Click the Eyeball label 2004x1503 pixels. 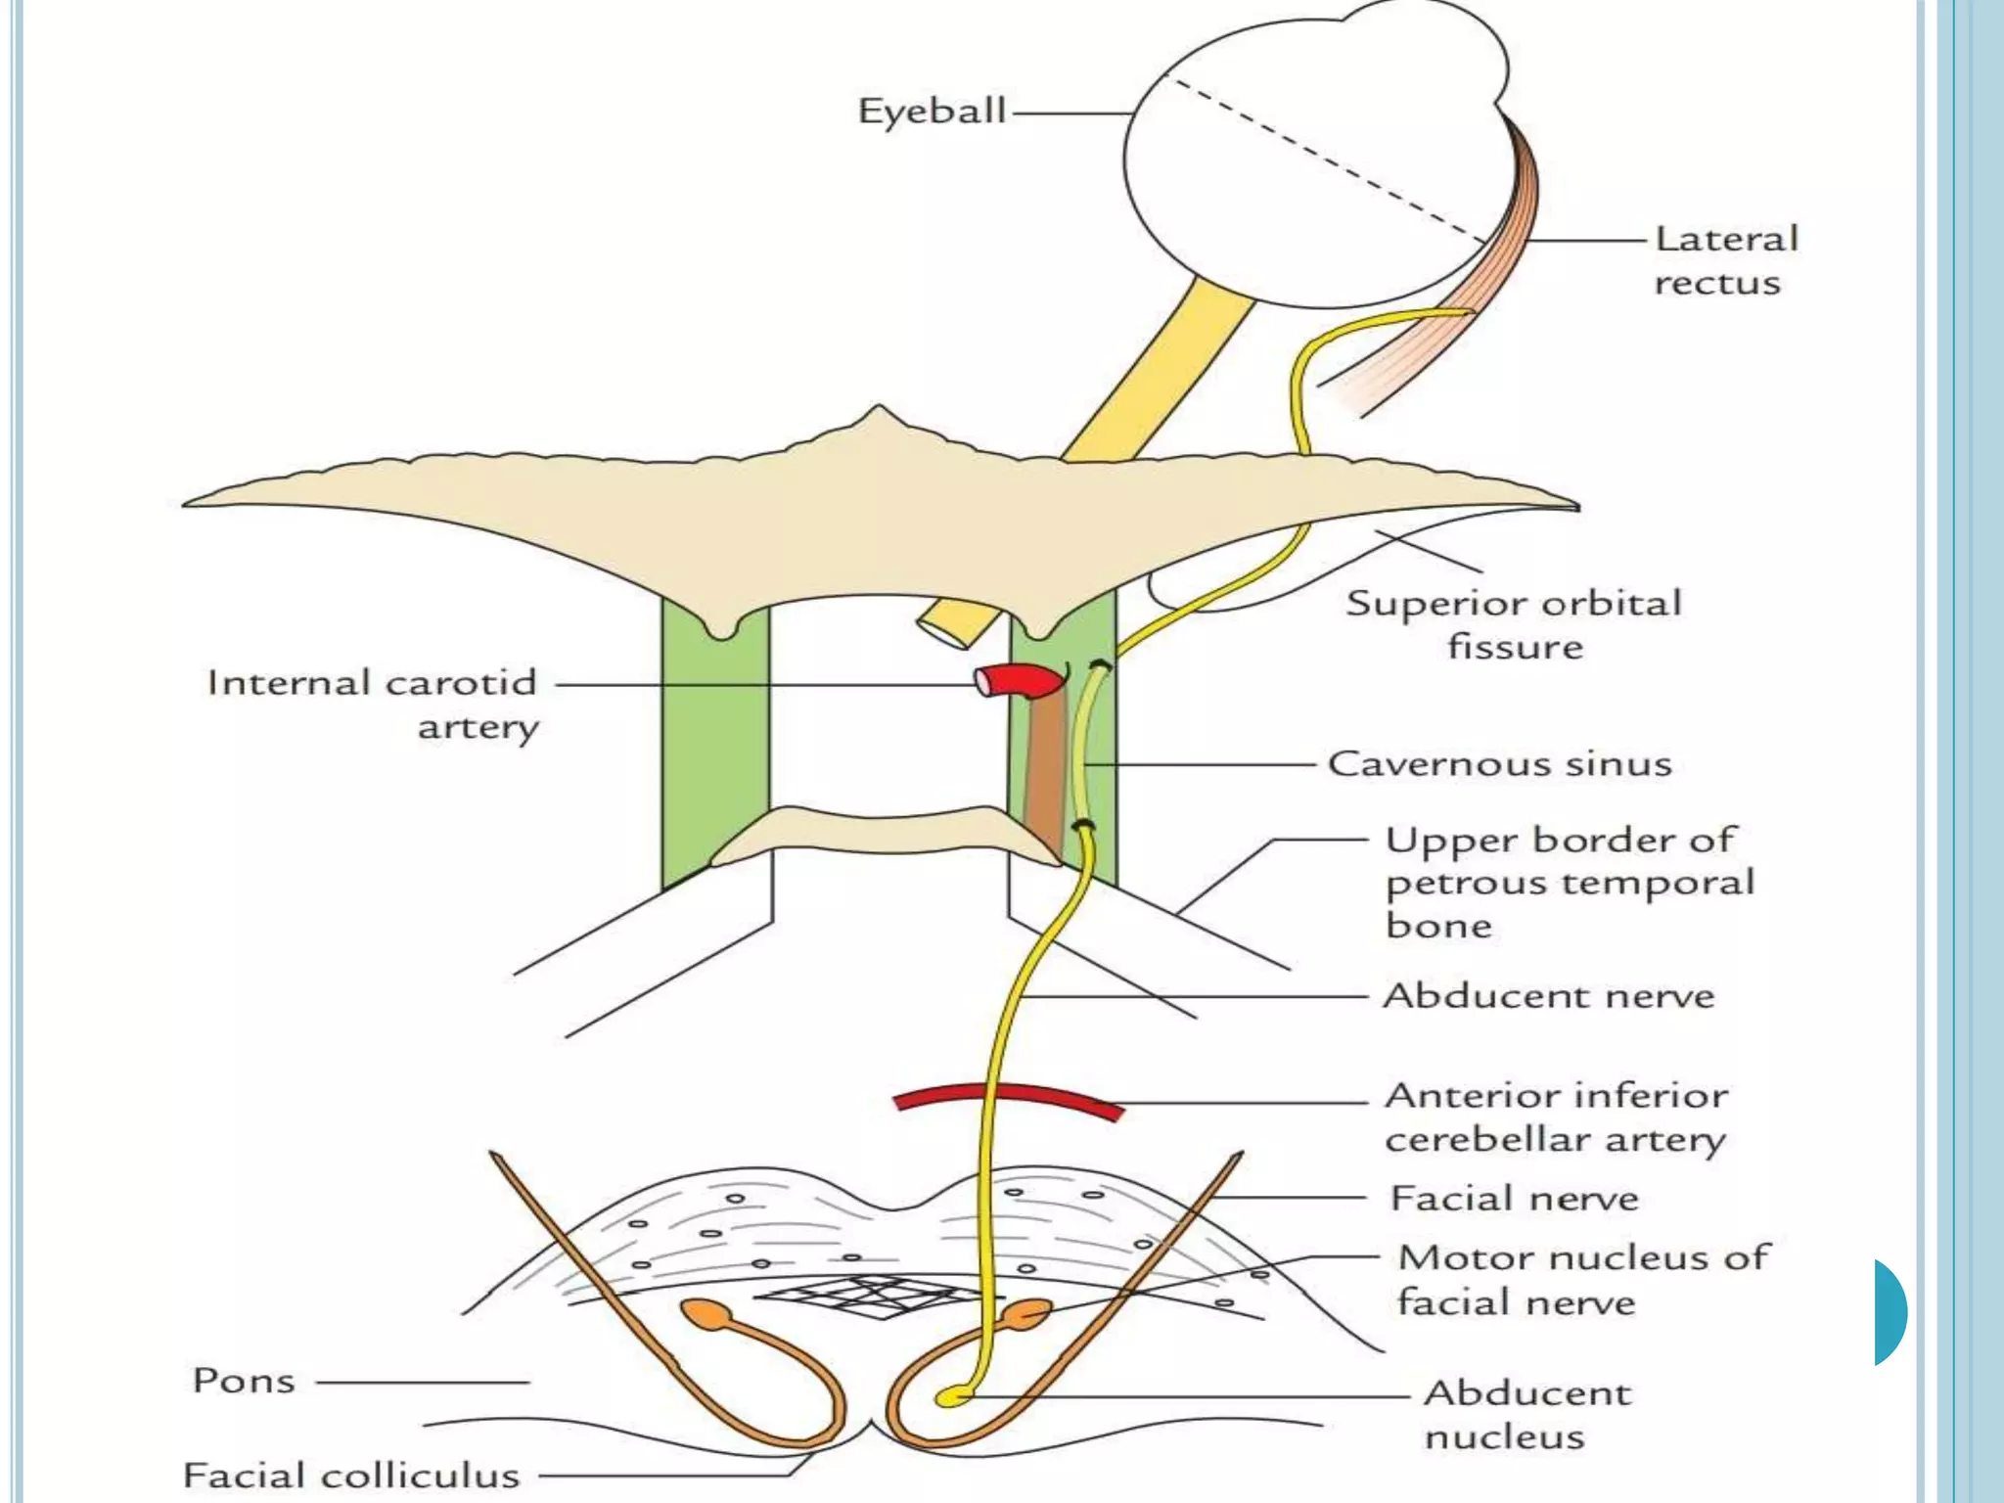point(932,111)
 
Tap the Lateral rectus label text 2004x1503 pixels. point(1726,260)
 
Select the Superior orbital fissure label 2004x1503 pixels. point(1514,624)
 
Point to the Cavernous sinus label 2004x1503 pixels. point(1499,764)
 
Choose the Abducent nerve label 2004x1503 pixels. point(1548,996)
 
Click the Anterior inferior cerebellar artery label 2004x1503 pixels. point(1556,1116)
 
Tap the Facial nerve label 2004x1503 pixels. point(1514,1199)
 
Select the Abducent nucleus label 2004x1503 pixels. point(1526,1414)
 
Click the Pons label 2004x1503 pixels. point(244,1381)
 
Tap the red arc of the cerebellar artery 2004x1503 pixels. point(1008,1097)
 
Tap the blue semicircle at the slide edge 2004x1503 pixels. point(1890,1312)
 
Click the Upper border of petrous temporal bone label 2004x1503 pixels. point(1570,883)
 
